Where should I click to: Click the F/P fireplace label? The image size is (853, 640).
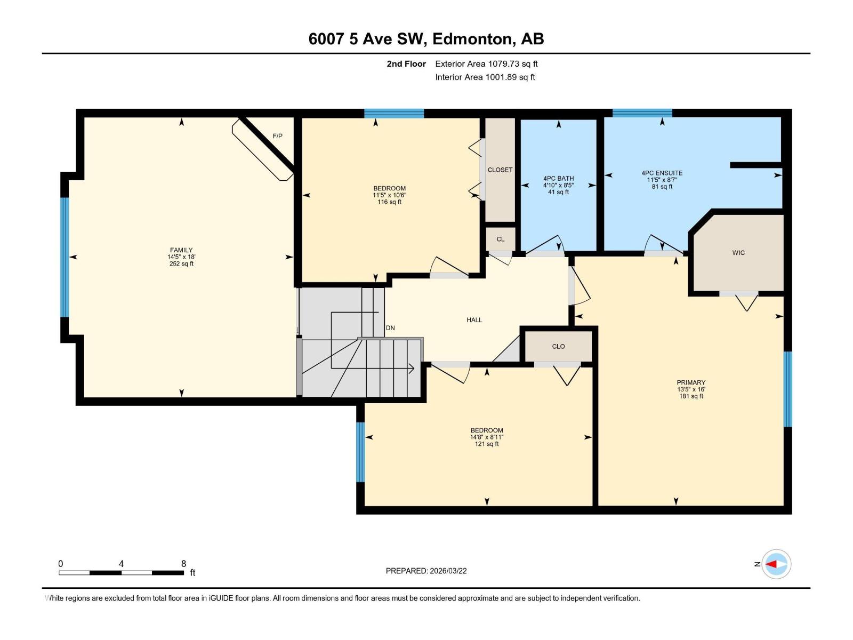pyautogui.click(x=277, y=136)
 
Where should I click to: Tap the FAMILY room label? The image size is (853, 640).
pyautogui.click(x=181, y=250)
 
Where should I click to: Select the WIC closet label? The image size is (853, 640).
pyautogui.click(x=738, y=253)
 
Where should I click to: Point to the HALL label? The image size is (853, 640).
pyautogui.click(x=474, y=320)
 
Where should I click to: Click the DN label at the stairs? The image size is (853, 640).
pyautogui.click(x=390, y=328)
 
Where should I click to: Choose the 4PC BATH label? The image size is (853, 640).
pyautogui.click(x=558, y=179)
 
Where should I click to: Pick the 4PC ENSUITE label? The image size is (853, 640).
pyautogui.click(x=662, y=173)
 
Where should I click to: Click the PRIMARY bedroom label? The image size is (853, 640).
pyautogui.click(x=691, y=382)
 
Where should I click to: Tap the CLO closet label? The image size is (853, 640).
pyautogui.click(x=558, y=347)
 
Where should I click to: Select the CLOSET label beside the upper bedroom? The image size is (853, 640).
pyautogui.click(x=500, y=170)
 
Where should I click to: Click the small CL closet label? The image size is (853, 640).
pyautogui.click(x=500, y=239)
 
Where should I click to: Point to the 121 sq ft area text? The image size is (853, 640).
pyautogui.click(x=487, y=444)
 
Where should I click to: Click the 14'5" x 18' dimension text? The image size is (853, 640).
pyautogui.click(x=181, y=257)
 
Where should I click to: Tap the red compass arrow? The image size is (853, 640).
pyautogui.click(x=771, y=564)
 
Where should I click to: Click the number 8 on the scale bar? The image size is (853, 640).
pyautogui.click(x=183, y=564)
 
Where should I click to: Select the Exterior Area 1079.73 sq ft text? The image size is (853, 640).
pyautogui.click(x=486, y=64)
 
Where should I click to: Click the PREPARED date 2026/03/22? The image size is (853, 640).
pyautogui.click(x=447, y=571)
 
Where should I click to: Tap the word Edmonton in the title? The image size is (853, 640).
pyautogui.click(x=472, y=39)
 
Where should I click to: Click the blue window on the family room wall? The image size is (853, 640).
pyautogui.click(x=65, y=257)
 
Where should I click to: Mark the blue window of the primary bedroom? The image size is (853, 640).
pyautogui.click(x=787, y=389)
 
